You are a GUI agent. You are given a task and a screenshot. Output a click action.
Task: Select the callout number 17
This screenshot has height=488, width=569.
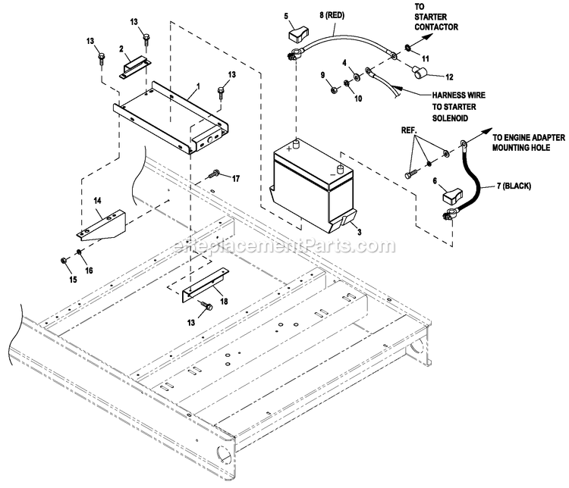[x=235, y=179]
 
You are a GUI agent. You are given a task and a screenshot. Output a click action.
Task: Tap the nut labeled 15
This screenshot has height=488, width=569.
[x=65, y=264]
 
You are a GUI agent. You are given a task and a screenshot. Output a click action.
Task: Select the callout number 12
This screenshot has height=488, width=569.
[x=448, y=76]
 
